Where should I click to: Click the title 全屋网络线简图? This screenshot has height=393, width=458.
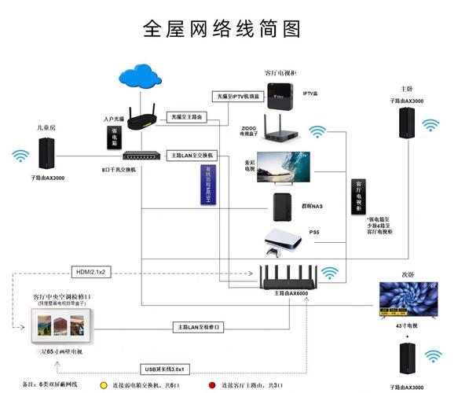pyautogui.click(x=222, y=28)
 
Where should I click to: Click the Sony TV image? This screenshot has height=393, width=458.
pyautogui.click(x=283, y=167)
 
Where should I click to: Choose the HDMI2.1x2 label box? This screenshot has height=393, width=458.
pyautogui.click(x=93, y=271)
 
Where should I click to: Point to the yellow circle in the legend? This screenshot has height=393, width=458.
pyautogui.click(x=104, y=384)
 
